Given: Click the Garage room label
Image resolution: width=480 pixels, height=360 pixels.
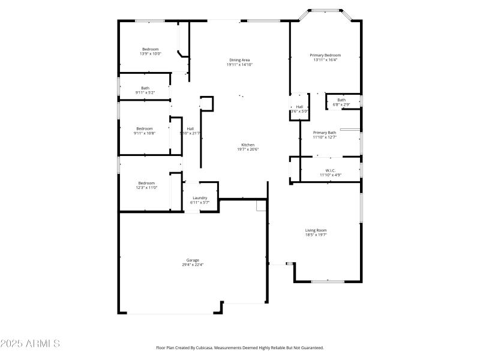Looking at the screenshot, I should click(x=192, y=260).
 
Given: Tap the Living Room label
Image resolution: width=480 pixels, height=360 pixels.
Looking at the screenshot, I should click(x=316, y=230).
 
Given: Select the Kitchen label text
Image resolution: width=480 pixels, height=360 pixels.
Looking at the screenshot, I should click(x=248, y=145).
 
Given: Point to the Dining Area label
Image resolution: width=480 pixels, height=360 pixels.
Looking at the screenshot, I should click(x=239, y=60).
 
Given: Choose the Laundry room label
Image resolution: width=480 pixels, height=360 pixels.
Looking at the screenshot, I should click(x=200, y=198).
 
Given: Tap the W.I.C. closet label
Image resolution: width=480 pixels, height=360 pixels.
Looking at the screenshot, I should click(x=330, y=170).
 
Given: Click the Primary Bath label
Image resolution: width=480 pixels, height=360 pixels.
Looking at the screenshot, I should click(x=325, y=132).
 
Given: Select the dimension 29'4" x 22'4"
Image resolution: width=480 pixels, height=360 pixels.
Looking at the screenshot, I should click(x=192, y=265).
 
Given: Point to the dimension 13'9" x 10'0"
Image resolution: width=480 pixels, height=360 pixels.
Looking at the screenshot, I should click(x=151, y=54).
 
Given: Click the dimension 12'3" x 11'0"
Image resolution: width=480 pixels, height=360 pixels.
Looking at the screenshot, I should click(x=146, y=188).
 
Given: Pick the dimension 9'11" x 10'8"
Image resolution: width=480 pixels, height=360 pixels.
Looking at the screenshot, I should click(x=145, y=133).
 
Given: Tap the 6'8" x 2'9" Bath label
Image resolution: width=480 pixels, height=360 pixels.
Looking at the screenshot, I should click(x=341, y=104).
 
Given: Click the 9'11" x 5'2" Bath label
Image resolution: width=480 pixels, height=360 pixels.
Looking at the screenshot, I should click(x=145, y=92).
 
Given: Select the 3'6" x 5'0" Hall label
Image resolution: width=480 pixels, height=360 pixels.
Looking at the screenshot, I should click(x=299, y=111).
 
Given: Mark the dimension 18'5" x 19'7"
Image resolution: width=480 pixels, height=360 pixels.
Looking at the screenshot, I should click(x=316, y=235).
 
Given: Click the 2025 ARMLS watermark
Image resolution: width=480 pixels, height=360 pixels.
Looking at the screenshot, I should click(x=30, y=344).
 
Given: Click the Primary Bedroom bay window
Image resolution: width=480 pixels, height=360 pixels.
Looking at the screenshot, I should click(x=325, y=10).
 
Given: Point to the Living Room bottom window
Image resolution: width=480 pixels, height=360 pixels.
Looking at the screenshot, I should click(x=328, y=281).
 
